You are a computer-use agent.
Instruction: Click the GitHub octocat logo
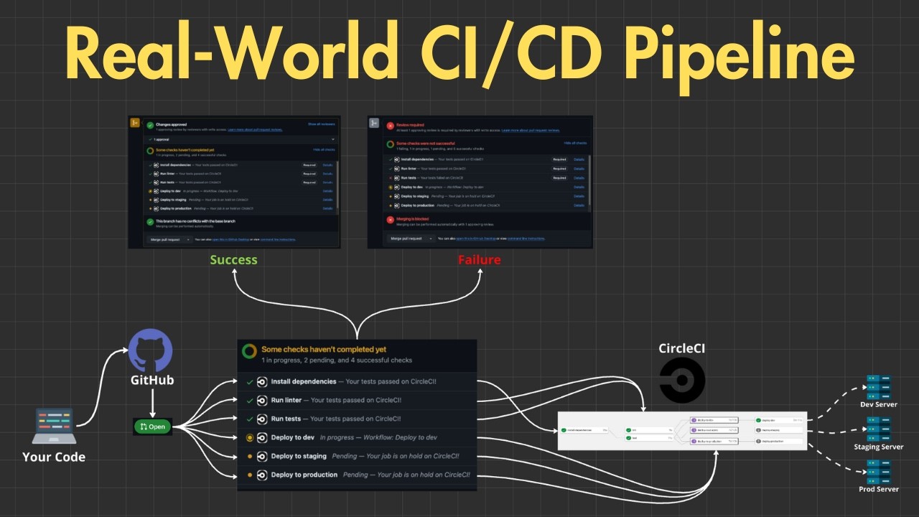click(151, 350)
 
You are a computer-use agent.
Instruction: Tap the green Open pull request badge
click(152, 427)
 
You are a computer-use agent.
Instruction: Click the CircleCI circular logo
click(682, 381)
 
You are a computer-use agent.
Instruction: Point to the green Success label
click(233, 260)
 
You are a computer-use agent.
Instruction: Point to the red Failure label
click(479, 260)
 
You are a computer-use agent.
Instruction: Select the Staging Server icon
click(878, 428)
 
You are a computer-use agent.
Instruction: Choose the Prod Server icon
click(878, 470)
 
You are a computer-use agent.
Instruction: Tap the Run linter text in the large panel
click(286, 400)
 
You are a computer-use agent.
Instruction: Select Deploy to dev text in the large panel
click(292, 437)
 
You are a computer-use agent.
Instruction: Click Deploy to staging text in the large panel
click(299, 456)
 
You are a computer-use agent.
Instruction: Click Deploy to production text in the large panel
click(304, 475)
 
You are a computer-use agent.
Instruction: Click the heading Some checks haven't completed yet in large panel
click(323, 350)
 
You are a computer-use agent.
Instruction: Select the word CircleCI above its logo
click(683, 349)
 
